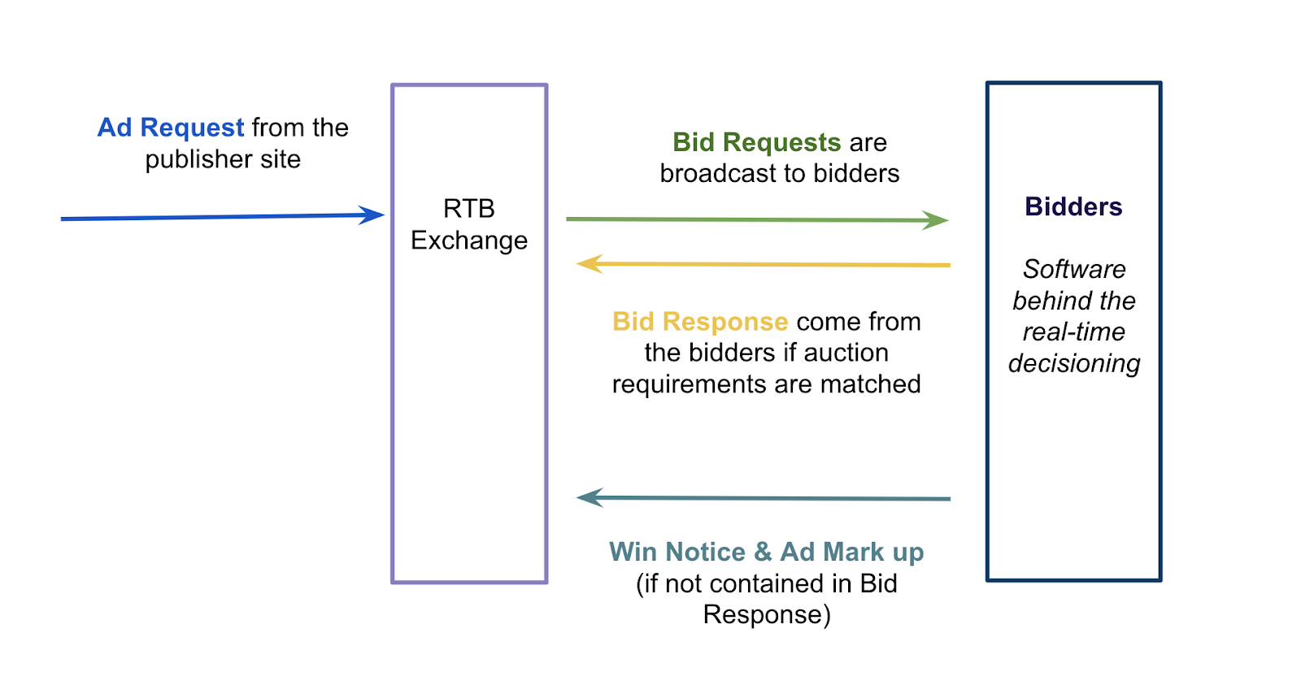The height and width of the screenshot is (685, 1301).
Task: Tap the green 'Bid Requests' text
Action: (757, 142)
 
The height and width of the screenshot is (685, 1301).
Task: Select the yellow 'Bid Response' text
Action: (700, 322)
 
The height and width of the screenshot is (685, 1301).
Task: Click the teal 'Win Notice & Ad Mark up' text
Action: (766, 552)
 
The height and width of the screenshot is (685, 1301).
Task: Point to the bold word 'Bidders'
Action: (1073, 206)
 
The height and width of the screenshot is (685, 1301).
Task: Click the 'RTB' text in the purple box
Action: (468, 208)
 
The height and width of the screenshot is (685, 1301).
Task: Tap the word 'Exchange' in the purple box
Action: (468, 241)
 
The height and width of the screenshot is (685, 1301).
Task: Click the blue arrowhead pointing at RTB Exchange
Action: (372, 215)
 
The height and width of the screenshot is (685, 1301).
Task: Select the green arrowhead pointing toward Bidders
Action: (936, 220)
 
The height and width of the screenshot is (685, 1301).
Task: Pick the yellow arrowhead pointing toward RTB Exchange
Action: (589, 263)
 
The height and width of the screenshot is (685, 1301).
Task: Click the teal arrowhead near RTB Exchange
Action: (590, 497)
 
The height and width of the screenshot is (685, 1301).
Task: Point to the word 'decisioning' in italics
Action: (1074, 364)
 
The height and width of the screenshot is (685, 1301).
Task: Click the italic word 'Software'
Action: (1074, 269)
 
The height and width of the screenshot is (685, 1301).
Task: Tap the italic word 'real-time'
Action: (1074, 332)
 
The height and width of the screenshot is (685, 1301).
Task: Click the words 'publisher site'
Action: (223, 159)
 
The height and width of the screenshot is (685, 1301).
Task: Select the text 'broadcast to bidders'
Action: (780, 174)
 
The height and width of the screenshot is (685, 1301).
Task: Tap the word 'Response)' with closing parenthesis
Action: (767, 615)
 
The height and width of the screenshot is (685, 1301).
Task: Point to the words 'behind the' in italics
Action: (1074, 301)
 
